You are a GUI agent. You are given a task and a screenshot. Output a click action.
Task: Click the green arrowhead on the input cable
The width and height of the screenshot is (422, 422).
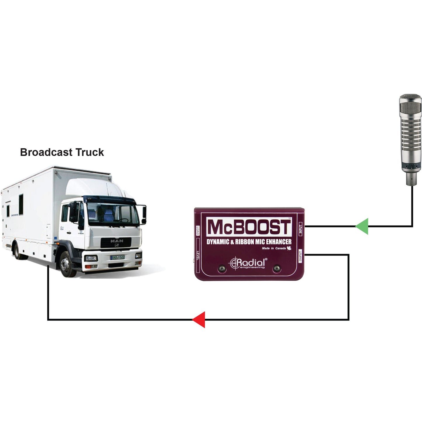362,226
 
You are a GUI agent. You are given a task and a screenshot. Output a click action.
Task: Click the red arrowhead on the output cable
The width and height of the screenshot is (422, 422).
199,319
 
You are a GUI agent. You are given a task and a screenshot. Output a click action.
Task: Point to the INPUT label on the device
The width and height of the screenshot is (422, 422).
301,229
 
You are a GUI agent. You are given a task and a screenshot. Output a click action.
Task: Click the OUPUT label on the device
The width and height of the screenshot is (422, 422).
301,256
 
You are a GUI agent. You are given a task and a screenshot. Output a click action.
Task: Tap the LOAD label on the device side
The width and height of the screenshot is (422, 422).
198,231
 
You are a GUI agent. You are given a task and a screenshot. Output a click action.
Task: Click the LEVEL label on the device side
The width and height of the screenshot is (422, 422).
198,256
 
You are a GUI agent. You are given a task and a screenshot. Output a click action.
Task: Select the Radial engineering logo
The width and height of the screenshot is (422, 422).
248,263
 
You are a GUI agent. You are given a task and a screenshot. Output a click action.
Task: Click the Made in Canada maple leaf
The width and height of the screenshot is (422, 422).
289,248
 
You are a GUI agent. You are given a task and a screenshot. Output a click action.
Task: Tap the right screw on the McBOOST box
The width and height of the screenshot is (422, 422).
276,268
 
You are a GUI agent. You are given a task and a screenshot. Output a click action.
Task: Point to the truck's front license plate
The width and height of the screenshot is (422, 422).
117,257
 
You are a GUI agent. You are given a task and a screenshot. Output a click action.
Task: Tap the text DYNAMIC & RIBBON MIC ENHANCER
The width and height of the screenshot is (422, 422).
249,242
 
